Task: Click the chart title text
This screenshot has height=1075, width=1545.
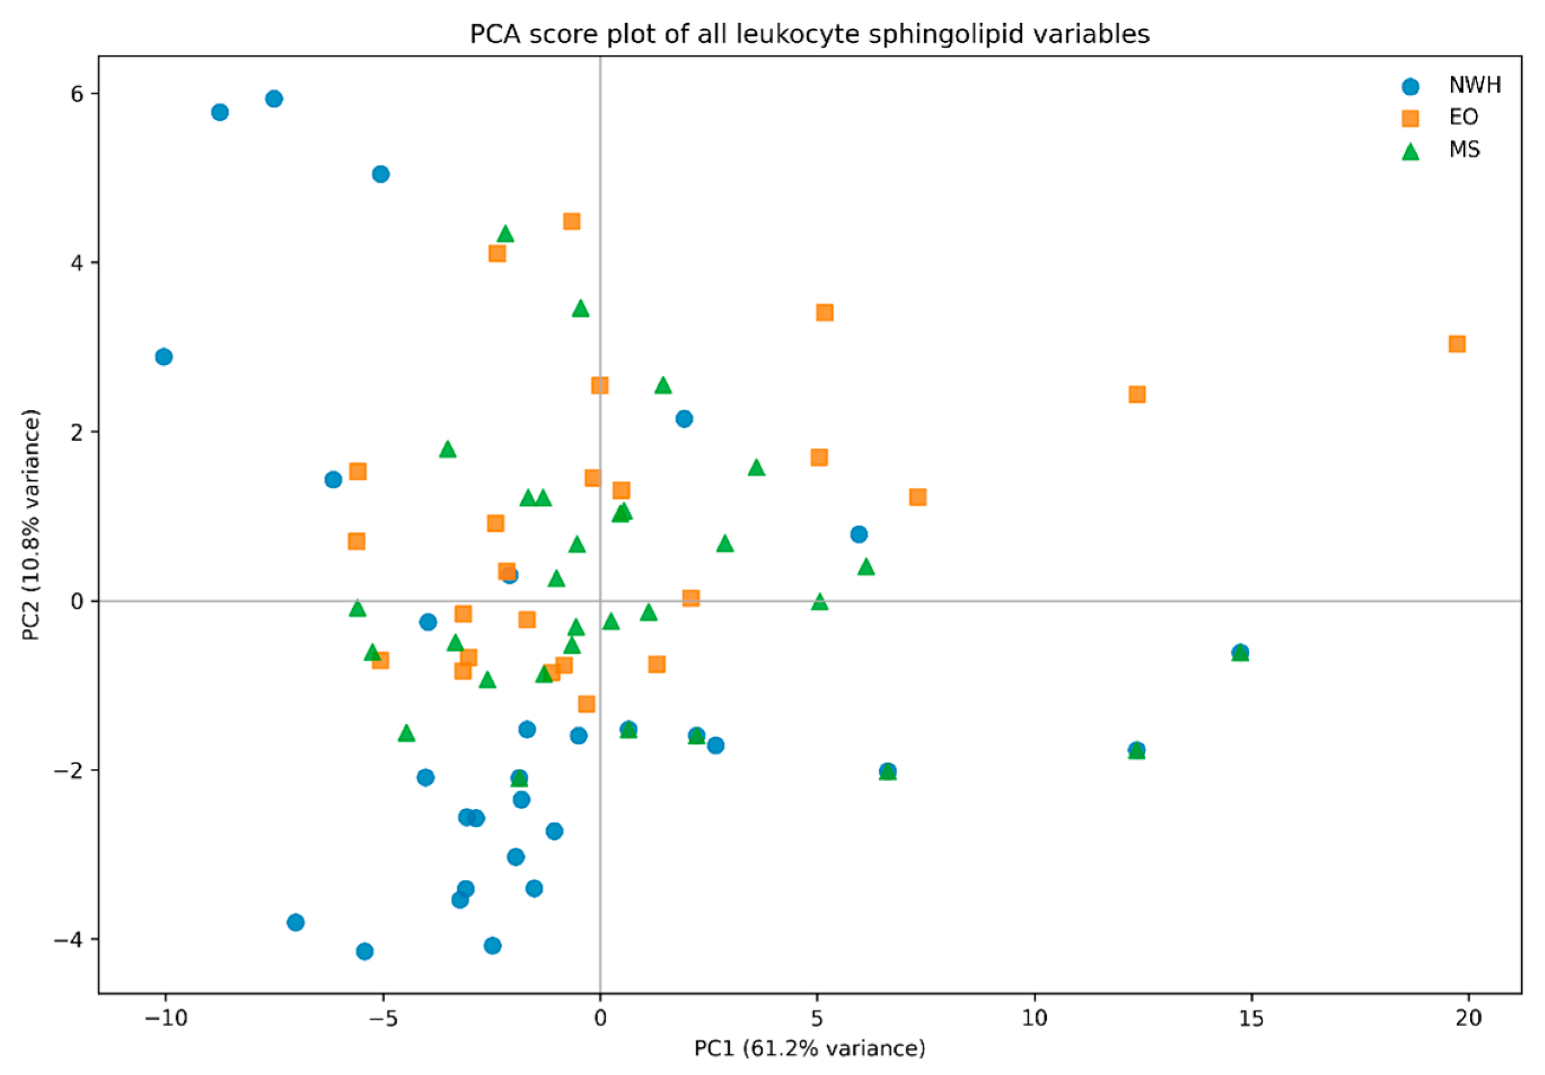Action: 809,34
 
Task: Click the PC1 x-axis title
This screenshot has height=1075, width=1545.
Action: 809,1048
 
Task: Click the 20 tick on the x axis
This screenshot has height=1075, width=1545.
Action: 1469,1017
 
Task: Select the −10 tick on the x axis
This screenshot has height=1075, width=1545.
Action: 165,1017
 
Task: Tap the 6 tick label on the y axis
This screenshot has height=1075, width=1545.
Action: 77,93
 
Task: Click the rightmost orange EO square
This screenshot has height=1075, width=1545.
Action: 1457,344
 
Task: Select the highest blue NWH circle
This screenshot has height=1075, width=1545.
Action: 274,99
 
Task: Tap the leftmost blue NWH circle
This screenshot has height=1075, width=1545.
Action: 164,357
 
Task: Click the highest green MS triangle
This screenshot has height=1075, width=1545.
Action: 505,233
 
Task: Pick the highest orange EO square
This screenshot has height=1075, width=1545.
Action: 571,222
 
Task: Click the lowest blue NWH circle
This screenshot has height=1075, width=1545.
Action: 365,951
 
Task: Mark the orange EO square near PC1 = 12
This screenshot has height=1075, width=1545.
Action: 1137,394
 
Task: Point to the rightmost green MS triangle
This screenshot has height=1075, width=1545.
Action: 1240,653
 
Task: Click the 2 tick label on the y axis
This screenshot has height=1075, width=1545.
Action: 77,431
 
